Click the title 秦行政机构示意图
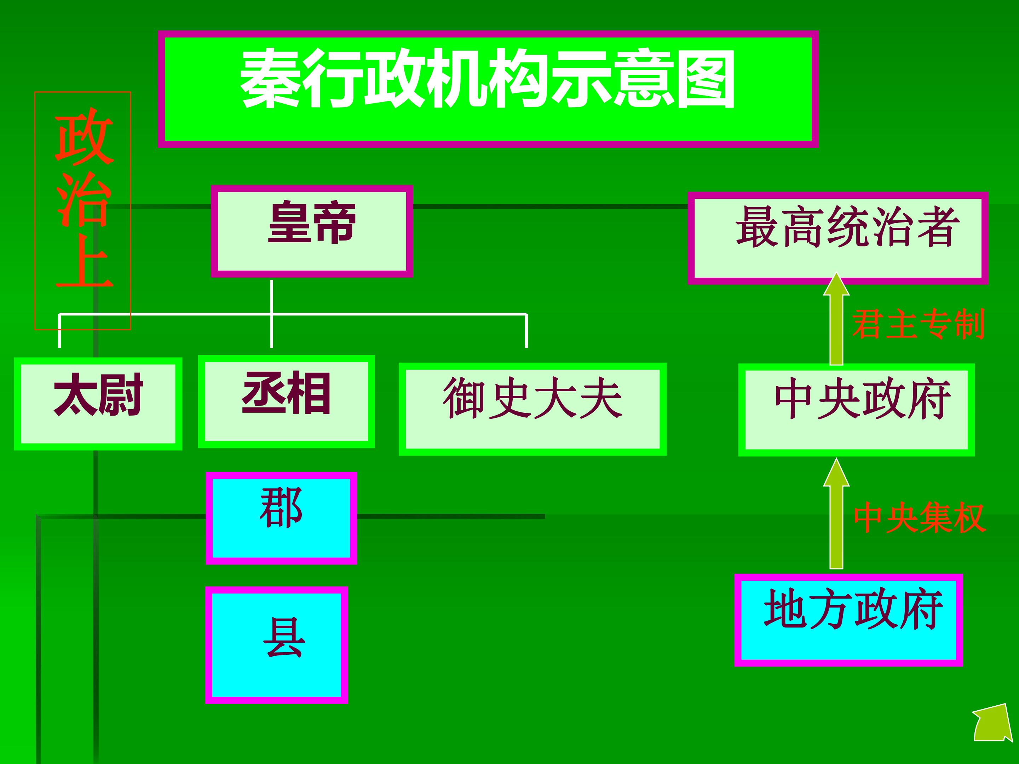tap(488, 79)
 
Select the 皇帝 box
tap(312, 231)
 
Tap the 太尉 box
tap(98, 404)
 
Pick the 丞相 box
tap(287, 401)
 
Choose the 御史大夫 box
tap(532, 409)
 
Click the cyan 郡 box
tap(282, 518)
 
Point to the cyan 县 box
tap(276, 645)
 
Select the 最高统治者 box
tap(838, 238)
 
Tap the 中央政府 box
tap(856, 410)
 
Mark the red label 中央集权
tap(920, 517)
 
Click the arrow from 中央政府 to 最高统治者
tap(836, 319)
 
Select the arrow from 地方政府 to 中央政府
tap(836, 514)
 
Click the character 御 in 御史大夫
tap(464, 398)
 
